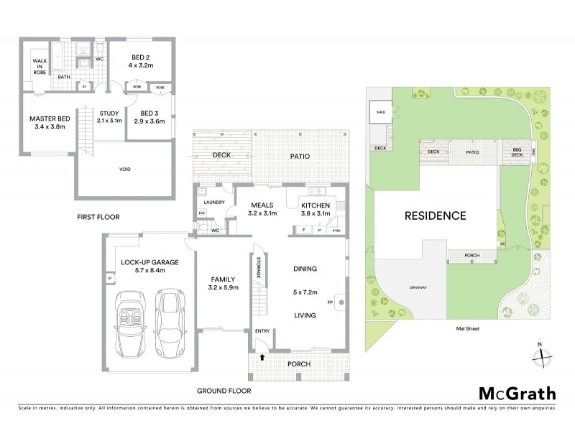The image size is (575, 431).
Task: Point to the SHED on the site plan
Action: tap(379, 112)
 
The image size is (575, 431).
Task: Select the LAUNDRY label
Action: tap(215, 203)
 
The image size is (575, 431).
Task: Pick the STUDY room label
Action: tap(109, 116)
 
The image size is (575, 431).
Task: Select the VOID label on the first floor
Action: tap(125, 170)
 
